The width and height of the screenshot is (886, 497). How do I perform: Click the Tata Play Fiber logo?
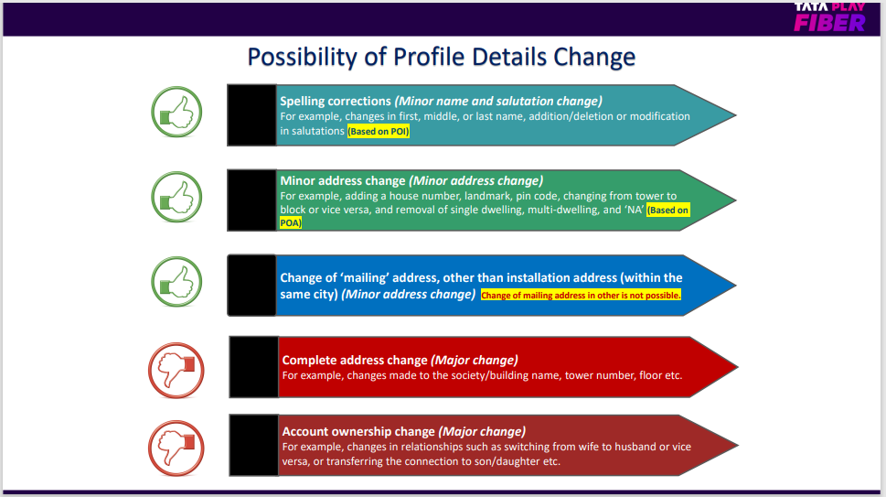[829, 17]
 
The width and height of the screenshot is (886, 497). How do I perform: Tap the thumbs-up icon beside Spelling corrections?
[176, 112]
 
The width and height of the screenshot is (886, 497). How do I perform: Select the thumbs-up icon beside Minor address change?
[176, 197]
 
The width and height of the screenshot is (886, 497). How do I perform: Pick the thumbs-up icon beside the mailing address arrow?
[176, 282]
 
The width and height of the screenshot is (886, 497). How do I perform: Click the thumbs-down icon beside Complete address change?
[176, 371]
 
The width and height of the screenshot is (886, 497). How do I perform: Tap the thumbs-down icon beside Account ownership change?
[176, 448]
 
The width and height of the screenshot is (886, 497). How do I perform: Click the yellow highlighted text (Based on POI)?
[379, 132]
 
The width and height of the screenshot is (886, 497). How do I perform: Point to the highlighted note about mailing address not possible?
[581, 295]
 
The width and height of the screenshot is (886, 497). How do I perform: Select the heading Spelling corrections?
[336, 102]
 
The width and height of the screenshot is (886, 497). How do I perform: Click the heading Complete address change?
[355, 361]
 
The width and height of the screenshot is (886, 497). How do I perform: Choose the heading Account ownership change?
[358, 431]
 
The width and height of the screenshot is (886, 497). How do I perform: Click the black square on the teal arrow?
[252, 115]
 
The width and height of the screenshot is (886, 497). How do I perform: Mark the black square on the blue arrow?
[252, 285]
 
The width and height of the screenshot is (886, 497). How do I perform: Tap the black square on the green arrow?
[252, 200]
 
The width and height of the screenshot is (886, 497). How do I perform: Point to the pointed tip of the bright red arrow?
[737, 367]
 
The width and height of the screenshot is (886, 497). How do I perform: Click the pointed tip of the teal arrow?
[736, 115]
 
